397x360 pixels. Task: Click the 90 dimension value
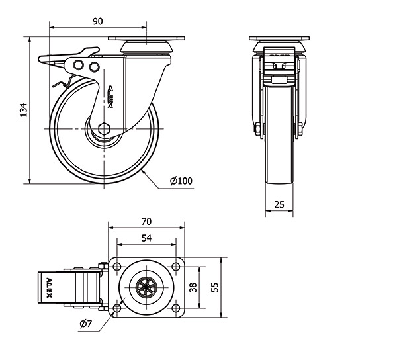pyautogui.click(x=97, y=21)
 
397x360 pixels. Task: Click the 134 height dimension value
pyautogui.click(x=22, y=110)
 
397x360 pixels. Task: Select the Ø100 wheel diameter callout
pyautogui.click(x=181, y=181)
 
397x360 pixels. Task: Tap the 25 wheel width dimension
pyautogui.click(x=279, y=205)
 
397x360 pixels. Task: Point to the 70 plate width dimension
pyautogui.click(x=147, y=221)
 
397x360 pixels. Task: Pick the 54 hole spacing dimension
pyautogui.click(x=147, y=238)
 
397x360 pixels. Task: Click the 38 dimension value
pyautogui.click(x=193, y=287)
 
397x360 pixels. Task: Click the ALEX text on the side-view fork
pyautogui.click(x=111, y=96)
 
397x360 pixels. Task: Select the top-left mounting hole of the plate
pyautogui.click(x=118, y=266)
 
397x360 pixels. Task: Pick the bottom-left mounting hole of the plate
pyautogui.click(x=118, y=309)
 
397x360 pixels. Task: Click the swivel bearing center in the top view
pyautogui.click(x=147, y=287)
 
